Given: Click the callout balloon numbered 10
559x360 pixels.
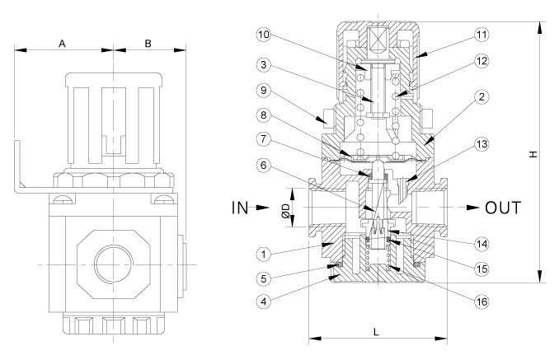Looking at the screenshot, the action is pos(264,35).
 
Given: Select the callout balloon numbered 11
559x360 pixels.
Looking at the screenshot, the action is pos(481,35).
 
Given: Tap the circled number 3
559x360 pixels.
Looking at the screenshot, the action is pos(264,65).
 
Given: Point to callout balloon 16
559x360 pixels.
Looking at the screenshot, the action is pos(481,302).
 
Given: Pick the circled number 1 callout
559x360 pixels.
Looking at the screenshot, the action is pos(264,255).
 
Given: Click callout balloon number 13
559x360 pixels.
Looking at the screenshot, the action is pos(481,144).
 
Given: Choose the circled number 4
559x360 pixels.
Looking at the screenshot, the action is pos(264,302).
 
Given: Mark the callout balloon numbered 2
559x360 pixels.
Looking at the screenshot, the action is pos(481,96).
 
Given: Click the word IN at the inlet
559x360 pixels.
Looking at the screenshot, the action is pos(240,208).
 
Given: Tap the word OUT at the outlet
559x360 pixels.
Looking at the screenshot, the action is pos(503,208).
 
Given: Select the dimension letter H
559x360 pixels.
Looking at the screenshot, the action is pos(533,154).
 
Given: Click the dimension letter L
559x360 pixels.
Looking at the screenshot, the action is pos(376,332).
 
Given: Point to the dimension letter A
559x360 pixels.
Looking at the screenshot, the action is pos(62,44).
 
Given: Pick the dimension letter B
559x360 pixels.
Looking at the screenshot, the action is pos(148,44).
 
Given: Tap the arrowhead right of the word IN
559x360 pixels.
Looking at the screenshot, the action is pos(263,208).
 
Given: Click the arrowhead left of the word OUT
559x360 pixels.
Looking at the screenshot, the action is pos(472,208).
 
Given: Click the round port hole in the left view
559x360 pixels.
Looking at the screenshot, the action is pos(114,264).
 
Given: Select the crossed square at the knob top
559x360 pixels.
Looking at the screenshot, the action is pos(377,40).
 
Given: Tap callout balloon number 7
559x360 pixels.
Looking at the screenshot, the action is pos(264,138).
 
